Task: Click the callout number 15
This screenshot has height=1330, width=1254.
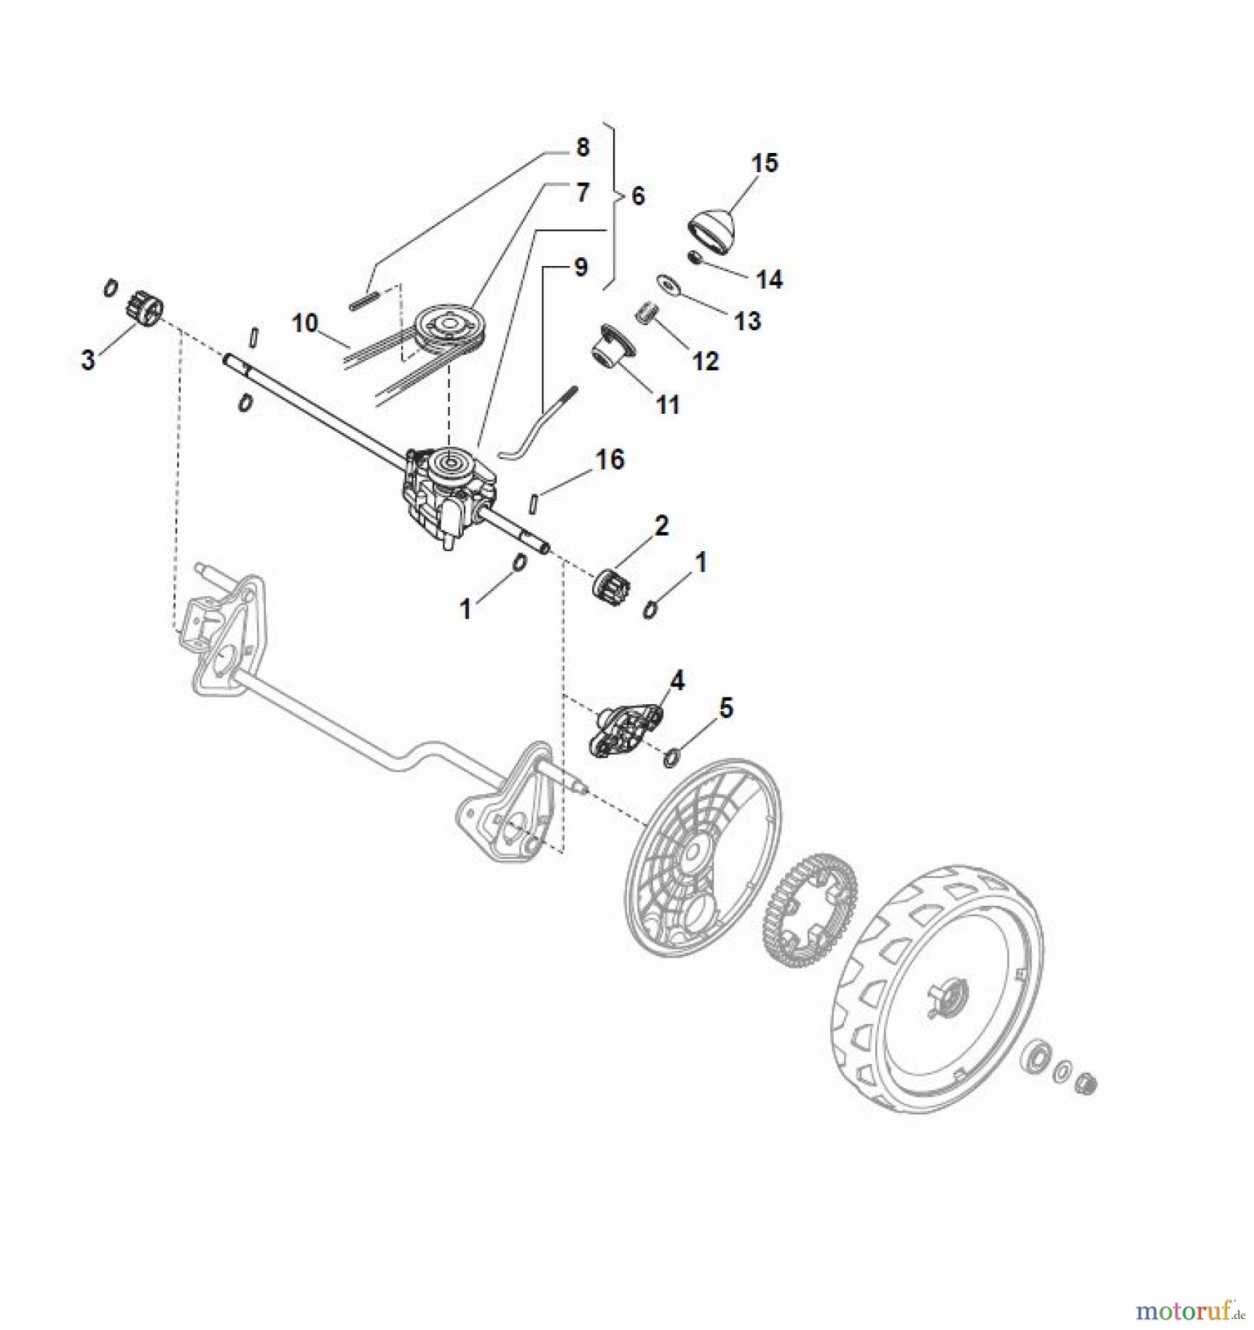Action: click(765, 163)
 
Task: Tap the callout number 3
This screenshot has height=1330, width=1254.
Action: click(88, 361)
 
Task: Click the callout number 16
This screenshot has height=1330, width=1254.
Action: click(609, 460)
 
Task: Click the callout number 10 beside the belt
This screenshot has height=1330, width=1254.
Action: click(305, 323)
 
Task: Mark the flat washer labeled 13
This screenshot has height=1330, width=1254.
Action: click(670, 284)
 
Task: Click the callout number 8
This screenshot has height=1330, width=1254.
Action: click(583, 148)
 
